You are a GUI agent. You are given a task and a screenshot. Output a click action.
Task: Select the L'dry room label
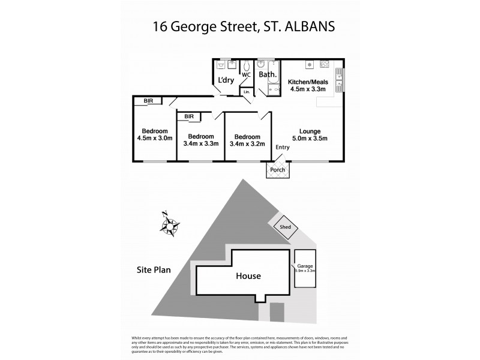226,80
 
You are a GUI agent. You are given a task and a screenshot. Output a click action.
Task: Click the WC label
245,75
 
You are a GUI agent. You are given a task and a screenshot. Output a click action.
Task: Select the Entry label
282,148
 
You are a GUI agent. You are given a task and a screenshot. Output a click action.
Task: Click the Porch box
277,170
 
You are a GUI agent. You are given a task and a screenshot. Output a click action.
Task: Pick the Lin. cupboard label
246,92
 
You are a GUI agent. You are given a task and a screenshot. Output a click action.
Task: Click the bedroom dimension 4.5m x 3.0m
154,139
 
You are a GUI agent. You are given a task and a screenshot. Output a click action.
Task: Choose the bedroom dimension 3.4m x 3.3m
200,143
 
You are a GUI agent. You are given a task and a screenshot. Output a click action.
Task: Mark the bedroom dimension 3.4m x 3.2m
248,143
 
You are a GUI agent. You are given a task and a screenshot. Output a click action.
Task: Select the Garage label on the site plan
305,265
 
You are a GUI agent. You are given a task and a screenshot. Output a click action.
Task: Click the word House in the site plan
248,276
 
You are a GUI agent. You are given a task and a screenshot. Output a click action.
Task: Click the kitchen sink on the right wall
340,79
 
